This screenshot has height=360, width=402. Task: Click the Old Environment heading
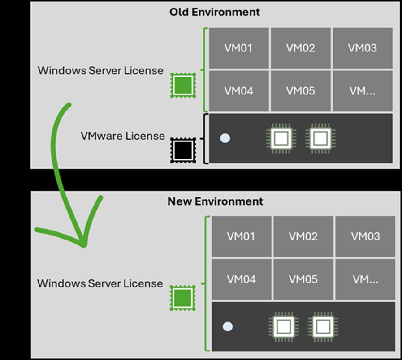(214, 12)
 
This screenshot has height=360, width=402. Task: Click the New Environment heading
(215, 201)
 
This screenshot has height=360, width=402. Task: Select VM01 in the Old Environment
(238, 48)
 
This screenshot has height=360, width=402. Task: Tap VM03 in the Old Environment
(363, 48)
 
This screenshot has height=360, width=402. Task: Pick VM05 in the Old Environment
(300, 91)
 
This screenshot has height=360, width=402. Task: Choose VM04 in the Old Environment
(238, 91)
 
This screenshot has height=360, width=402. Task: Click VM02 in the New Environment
(303, 236)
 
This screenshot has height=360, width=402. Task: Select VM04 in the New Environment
(241, 279)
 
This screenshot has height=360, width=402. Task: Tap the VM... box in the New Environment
(365, 279)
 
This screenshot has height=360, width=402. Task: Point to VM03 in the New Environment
(365, 236)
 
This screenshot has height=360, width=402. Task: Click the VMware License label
(122, 136)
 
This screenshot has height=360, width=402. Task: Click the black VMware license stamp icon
(183, 150)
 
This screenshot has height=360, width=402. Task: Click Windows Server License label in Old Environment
(100, 71)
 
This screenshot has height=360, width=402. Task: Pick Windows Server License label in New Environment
(99, 283)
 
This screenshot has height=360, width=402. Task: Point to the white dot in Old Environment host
(225, 138)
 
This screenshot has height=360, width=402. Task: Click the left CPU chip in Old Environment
(281, 138)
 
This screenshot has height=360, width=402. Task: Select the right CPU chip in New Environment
(323, 327)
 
